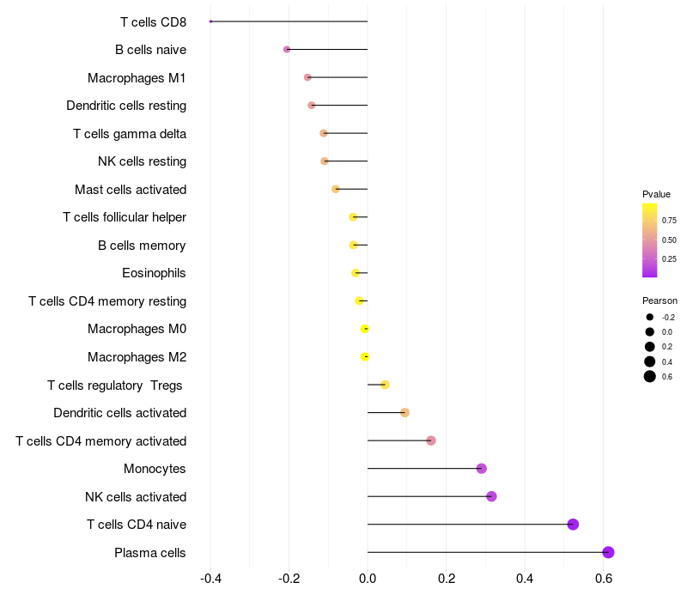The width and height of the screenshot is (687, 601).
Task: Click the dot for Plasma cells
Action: click(608, 552)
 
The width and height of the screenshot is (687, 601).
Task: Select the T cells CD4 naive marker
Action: click(573, 525)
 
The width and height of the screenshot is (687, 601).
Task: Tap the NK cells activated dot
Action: click(491, 496)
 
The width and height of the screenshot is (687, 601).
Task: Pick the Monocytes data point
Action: click(482, 469)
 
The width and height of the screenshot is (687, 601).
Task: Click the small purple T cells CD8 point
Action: click(210, 21)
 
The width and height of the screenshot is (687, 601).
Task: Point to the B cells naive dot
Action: click(287, 50)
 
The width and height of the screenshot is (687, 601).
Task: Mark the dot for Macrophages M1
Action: click(307, 77)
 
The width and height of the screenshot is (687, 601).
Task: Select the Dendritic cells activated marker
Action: click(404, 413)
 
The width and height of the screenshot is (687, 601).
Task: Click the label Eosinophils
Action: click(155, 273)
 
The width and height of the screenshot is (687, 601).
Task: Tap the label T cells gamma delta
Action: click(130, 134)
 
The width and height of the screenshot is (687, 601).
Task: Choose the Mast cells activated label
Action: click(131, 190)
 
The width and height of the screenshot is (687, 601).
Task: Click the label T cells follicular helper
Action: click(125, 217)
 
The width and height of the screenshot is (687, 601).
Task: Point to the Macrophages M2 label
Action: click(137, 357)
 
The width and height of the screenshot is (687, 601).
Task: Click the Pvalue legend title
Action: click(656, 194)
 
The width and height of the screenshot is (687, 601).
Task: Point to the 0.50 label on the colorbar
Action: click(669, 240)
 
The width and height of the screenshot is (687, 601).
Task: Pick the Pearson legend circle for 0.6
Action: click(650, 376)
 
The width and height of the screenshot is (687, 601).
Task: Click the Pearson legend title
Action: click(660, 300)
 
